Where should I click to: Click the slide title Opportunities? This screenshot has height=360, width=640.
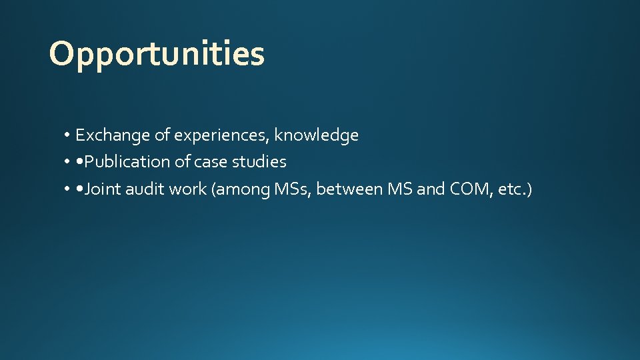point(157,54)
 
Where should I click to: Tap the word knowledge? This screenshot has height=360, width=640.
point(317,135)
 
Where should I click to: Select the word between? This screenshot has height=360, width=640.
point(348,189)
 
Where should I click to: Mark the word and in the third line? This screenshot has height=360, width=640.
point(431,189)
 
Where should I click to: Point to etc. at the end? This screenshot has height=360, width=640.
point(515,190)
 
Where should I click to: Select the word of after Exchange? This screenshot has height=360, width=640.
point(162,135)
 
